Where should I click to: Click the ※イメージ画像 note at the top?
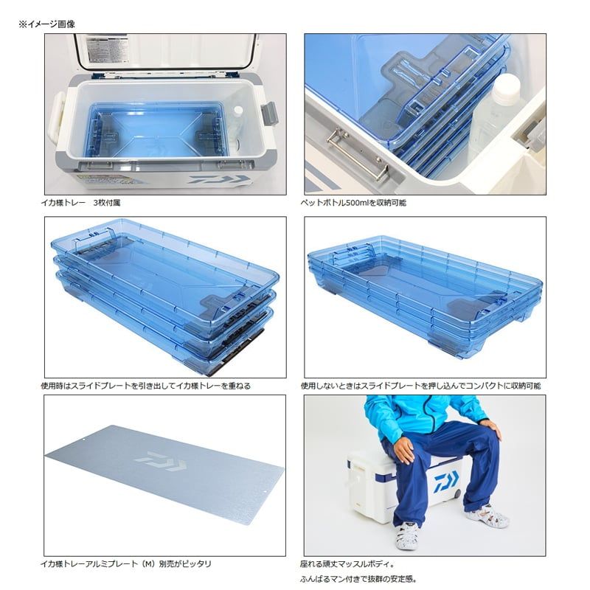pos(46,24)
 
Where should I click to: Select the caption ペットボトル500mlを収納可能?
pos(353,202)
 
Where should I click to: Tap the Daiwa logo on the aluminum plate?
pos(166,460)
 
